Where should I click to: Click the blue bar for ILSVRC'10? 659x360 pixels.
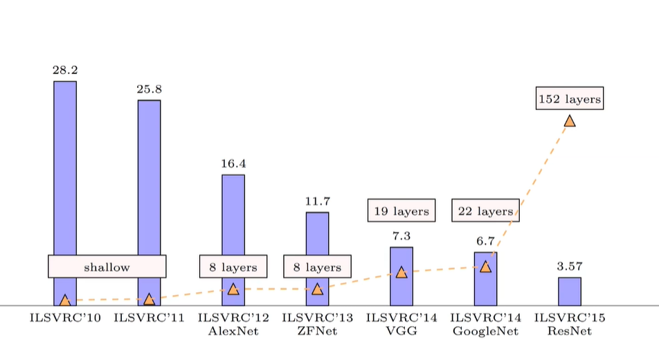pyautogui.click(x=65, y=168)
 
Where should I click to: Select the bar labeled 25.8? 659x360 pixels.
pyautogui.click(x=150, y=177)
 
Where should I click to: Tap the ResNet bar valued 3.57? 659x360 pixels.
pyautogui.click(x=570, y=291)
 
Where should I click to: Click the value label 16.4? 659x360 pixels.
pyautogui.click(x=233, y=163)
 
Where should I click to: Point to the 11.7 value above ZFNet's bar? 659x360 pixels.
pyautogui.click(x=317, y=201)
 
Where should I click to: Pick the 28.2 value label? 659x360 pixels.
pyautogui.click(x=65, y=70)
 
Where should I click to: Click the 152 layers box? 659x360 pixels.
pyautogui.click(x=570, y=98)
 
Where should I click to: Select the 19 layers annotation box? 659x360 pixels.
pyautogui.click(x=401, y=210)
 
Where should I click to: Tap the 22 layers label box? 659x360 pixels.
pyautogui.click(x=485, y=210)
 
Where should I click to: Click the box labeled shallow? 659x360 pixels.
pyautogui.click(x=107, y=267)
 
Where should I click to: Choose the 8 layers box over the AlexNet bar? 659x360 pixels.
pyautogui.click(x=233, y=267)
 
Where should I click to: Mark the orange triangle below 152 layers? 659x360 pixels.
pyautogui.click(x=570, y=121)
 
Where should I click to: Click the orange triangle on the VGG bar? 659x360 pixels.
pyautogui.click(x=401, y=273)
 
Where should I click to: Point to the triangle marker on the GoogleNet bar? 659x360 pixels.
pyautogui.click(x=485, y=267)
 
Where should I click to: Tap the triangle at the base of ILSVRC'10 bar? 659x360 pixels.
pyautogui.click(x=65, y=300)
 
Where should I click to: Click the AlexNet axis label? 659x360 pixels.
pyautogui.click(x=233, y=331)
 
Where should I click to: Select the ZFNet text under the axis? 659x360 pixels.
pyautogui.click(x=317, y=331)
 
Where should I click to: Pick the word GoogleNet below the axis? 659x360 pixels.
pyautogui.click(x=485, y=332)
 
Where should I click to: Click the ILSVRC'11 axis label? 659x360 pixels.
pyautogui.click(x=150, y=318)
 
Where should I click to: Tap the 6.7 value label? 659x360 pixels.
pyautogui.click(x=485, y=242)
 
